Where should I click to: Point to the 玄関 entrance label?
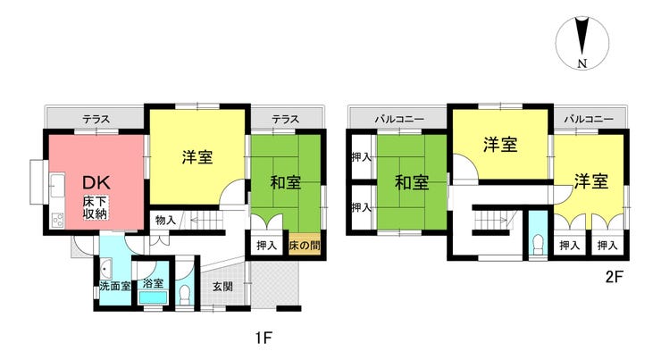coord(222,287)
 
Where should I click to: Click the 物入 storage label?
coord(165,220)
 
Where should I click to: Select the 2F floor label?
coord(613,276)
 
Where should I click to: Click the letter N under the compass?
coord(582,63)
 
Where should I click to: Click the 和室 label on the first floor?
coord(285,183)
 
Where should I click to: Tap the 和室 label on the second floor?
coord(412,183)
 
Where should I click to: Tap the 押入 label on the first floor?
coord(266,244)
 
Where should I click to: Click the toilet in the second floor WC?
coord(538,242)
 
